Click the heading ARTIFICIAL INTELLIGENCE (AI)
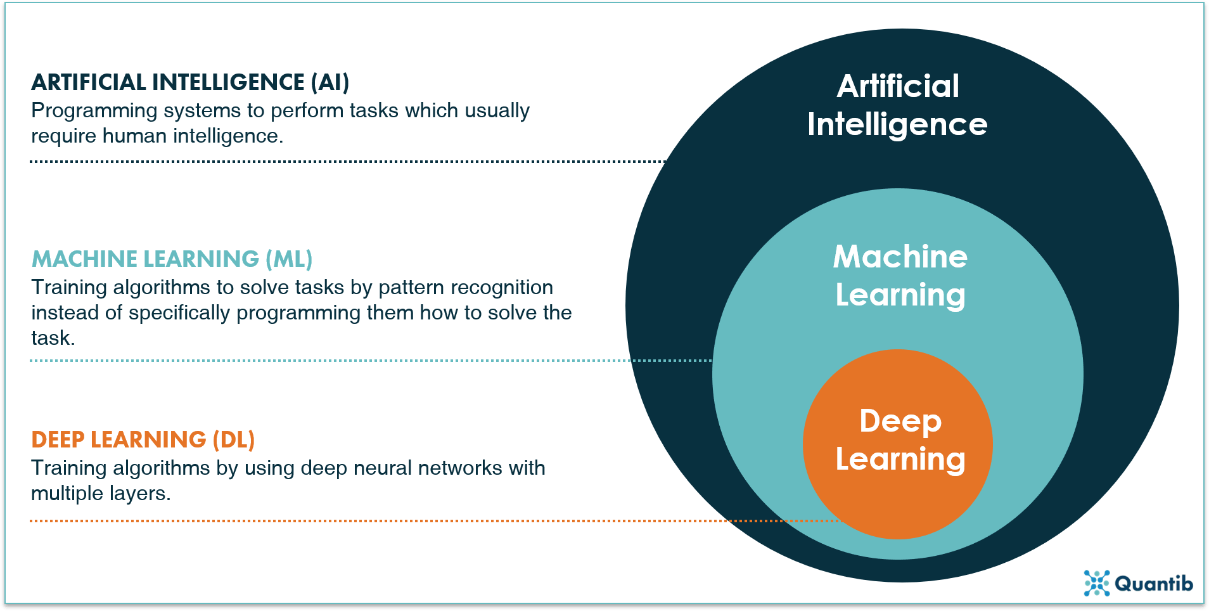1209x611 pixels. point(190,82)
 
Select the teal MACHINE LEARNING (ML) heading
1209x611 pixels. point(172,259)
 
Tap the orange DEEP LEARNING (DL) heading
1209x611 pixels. point(143,440)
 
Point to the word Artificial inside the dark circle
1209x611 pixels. point(898,86)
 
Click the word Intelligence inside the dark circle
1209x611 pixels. point(897,124)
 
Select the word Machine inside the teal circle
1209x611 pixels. point(900,257)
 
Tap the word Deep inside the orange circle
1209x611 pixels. point(900,421)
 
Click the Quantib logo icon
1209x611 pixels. point(1096,583)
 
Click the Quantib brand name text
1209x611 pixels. point(1153,584)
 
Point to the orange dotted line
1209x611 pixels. point(380,521)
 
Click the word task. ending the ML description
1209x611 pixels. point(53,338)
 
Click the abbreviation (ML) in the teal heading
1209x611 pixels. point(289,259)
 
